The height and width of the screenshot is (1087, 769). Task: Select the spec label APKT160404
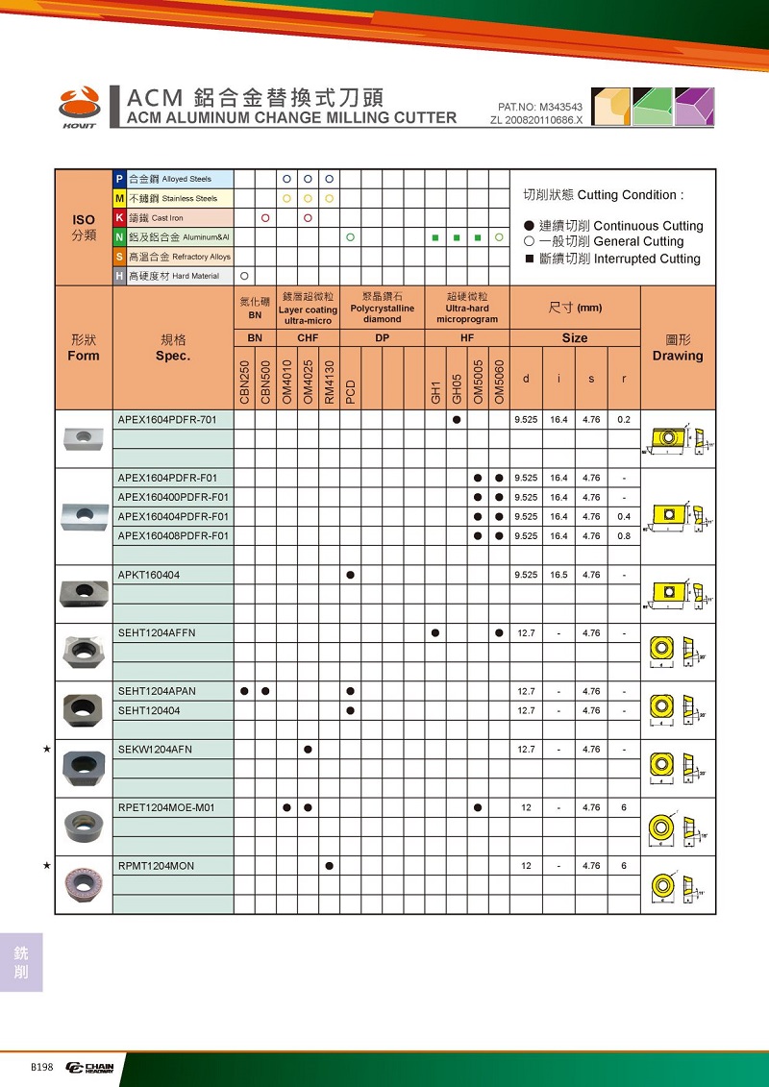point(149,575)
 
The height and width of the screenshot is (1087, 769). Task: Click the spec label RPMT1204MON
point(156,866)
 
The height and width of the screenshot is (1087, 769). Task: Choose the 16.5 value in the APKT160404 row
point(558,575)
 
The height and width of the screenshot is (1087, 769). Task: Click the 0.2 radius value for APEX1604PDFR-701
point(624,420)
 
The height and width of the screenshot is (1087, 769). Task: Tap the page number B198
point(41,1068)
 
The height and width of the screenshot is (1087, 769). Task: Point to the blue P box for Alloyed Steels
point(119,179)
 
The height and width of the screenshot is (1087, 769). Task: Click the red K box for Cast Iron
point(119,218)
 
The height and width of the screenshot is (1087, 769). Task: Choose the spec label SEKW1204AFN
point(155,750)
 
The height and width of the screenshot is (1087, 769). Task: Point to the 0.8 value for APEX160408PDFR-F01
point(624,536)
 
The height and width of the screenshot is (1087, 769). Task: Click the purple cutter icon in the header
point(694,107)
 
